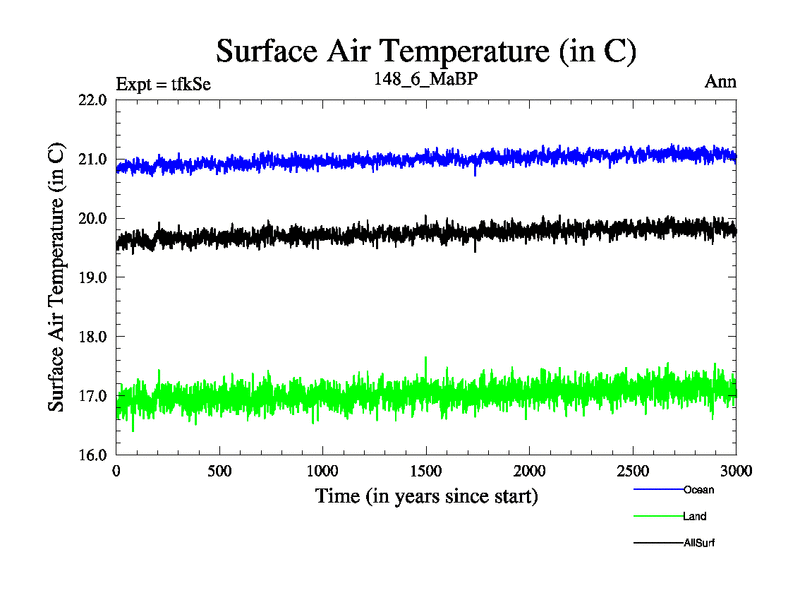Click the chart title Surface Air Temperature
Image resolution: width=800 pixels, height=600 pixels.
(426, 49)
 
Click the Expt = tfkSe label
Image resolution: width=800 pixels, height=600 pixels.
(164, 82)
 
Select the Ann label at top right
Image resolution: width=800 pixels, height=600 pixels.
(720, 82)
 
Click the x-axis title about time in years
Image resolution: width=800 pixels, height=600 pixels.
(426, 496)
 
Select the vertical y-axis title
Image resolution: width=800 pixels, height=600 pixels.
(57, 278)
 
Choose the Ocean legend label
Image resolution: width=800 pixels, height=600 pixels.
(699, 490)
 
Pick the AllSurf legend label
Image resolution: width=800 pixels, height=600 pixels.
(700, 543)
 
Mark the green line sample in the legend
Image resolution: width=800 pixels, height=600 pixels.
(657, 517)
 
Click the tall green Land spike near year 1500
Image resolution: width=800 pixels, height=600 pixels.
(427, 359)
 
